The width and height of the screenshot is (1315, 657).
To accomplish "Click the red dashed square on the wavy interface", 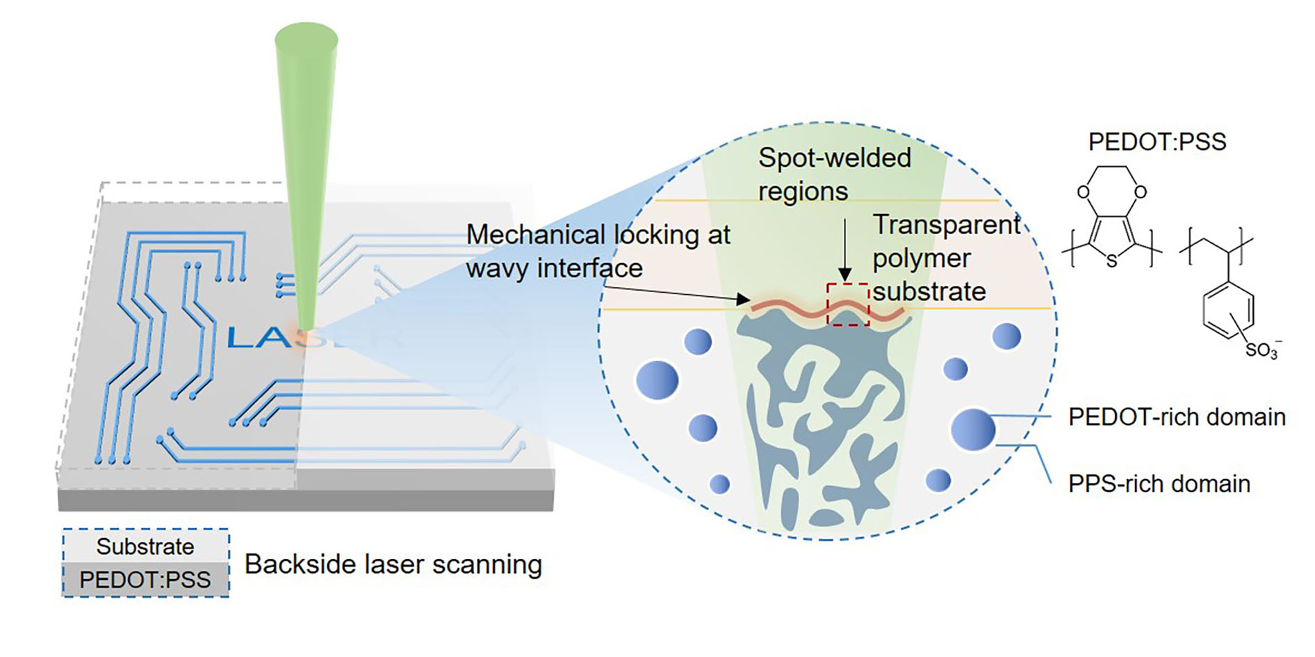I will click(x=847, y=304).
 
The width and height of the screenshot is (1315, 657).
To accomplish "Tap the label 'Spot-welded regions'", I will click(x=834, y=174).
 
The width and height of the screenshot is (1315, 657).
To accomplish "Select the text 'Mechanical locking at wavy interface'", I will click(x=598, y=251).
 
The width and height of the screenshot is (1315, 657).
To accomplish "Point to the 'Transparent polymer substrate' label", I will click(x=945, y=258).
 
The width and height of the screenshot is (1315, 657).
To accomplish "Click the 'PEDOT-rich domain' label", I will click(x=1176, y=417).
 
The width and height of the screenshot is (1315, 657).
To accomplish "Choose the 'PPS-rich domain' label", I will click(x=1159, y=484).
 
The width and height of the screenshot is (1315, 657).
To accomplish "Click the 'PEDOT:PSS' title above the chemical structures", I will click(x=1157, y=142).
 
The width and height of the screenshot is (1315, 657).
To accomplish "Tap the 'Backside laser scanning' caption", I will click(x=393, y=564).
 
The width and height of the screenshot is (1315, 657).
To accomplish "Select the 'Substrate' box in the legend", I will click(x=145, y=546).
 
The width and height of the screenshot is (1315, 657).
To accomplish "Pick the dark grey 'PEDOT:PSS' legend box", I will click(x=145, y=580).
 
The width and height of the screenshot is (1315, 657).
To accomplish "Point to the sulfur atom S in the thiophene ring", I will click(x=1111, y=261).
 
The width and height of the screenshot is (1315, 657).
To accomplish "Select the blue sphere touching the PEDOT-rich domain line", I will click(x=973, y=430).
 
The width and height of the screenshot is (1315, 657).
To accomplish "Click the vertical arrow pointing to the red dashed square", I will click(x=844, y=250).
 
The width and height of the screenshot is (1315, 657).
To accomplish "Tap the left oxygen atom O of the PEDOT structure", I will click(x=1083, y=192).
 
